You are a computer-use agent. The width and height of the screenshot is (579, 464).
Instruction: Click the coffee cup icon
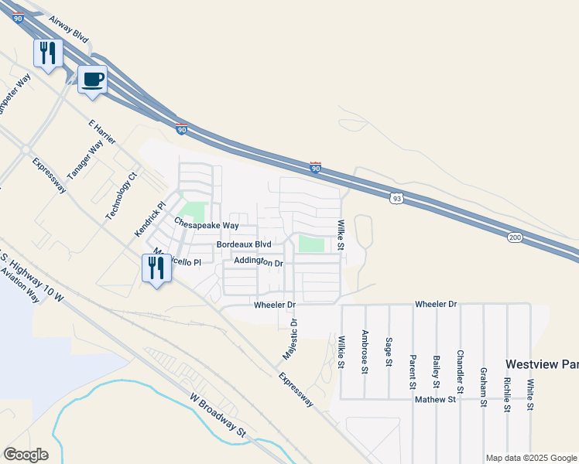pyautogui.click(x=93, y=80)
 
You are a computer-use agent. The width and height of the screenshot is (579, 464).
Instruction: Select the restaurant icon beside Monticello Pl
pyautogui.click(x=156, y=268)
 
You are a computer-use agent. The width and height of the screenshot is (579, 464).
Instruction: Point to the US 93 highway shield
pyautogui.click(x=396, y=199)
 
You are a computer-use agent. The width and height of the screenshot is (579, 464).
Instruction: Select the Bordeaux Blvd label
pyautogui.click(x=244, y=244)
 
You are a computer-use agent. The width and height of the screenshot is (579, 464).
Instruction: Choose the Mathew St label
pyautogui.click(x=434, y=400)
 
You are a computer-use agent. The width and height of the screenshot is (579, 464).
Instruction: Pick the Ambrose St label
pyautogui.click(x=365, y=353)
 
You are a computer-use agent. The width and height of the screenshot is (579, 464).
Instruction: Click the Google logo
pyautogui.click(x=26, y=455)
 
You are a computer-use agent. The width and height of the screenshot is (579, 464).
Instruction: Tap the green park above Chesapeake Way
pyautogui.click(x=194, y=210)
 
